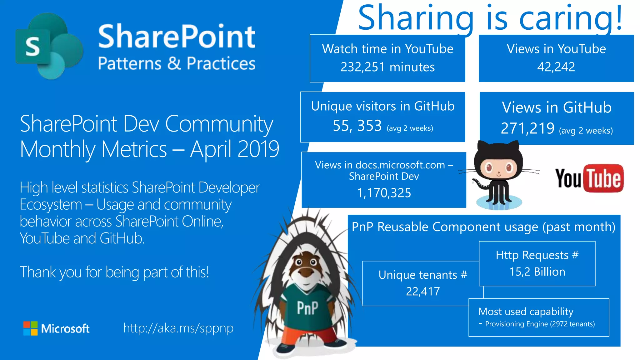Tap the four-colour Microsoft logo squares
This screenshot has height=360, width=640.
30,328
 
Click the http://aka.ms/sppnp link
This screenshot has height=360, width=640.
178,328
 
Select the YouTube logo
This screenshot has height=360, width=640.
589,178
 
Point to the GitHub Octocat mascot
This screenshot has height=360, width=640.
498,175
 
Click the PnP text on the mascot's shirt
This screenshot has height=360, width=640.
307,308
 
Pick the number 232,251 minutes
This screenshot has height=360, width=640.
387,67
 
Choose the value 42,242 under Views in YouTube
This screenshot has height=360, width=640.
556,67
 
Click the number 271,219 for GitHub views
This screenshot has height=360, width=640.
527,128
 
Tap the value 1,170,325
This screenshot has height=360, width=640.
384,193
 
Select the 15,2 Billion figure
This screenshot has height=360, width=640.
537,272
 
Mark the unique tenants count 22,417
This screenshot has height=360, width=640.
423,291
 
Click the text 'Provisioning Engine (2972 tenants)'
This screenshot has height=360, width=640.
540,324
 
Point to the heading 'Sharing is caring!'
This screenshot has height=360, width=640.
490,18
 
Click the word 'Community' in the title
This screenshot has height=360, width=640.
219,124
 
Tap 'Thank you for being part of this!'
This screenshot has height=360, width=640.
114,272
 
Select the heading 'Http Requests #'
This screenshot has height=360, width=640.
537,255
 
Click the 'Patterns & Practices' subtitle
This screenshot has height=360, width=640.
177,63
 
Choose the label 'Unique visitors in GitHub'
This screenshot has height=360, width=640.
383,106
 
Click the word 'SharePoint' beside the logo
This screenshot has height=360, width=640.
177,37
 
